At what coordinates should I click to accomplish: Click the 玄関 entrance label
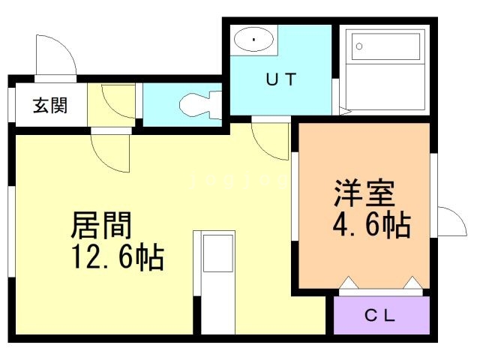[49, 104]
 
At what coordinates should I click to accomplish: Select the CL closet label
[380, 316]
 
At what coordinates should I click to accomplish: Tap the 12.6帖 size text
[116, 258]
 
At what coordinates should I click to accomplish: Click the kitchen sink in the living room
[217, 253]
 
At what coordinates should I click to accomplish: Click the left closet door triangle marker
[348, 283]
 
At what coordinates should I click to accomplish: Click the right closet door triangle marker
[412, 283]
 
